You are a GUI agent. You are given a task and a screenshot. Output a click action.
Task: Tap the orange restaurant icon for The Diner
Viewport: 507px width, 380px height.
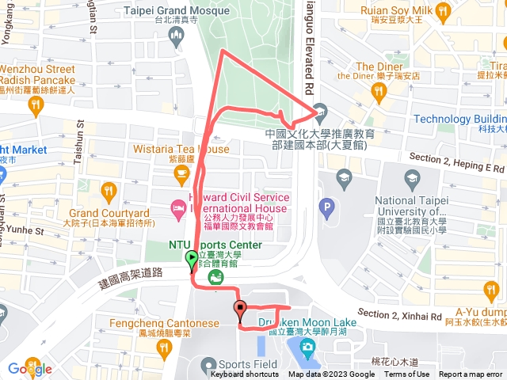378,91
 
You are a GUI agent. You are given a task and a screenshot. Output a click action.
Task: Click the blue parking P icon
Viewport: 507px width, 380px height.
326,210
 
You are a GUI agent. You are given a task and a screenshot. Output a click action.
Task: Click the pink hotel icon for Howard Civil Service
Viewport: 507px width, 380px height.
178,209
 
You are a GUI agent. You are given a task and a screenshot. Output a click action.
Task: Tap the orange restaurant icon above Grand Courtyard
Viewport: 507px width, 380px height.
109,191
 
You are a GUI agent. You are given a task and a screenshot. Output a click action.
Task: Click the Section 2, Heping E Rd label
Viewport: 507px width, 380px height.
456,162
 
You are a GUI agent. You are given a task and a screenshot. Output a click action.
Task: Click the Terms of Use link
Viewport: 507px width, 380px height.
406,374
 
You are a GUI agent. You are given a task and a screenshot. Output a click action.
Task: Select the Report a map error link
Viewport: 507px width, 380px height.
471,374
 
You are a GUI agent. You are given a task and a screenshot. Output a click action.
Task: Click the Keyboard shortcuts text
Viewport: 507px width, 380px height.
245,374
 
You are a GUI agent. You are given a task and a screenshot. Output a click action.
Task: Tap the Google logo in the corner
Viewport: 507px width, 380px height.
30,369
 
